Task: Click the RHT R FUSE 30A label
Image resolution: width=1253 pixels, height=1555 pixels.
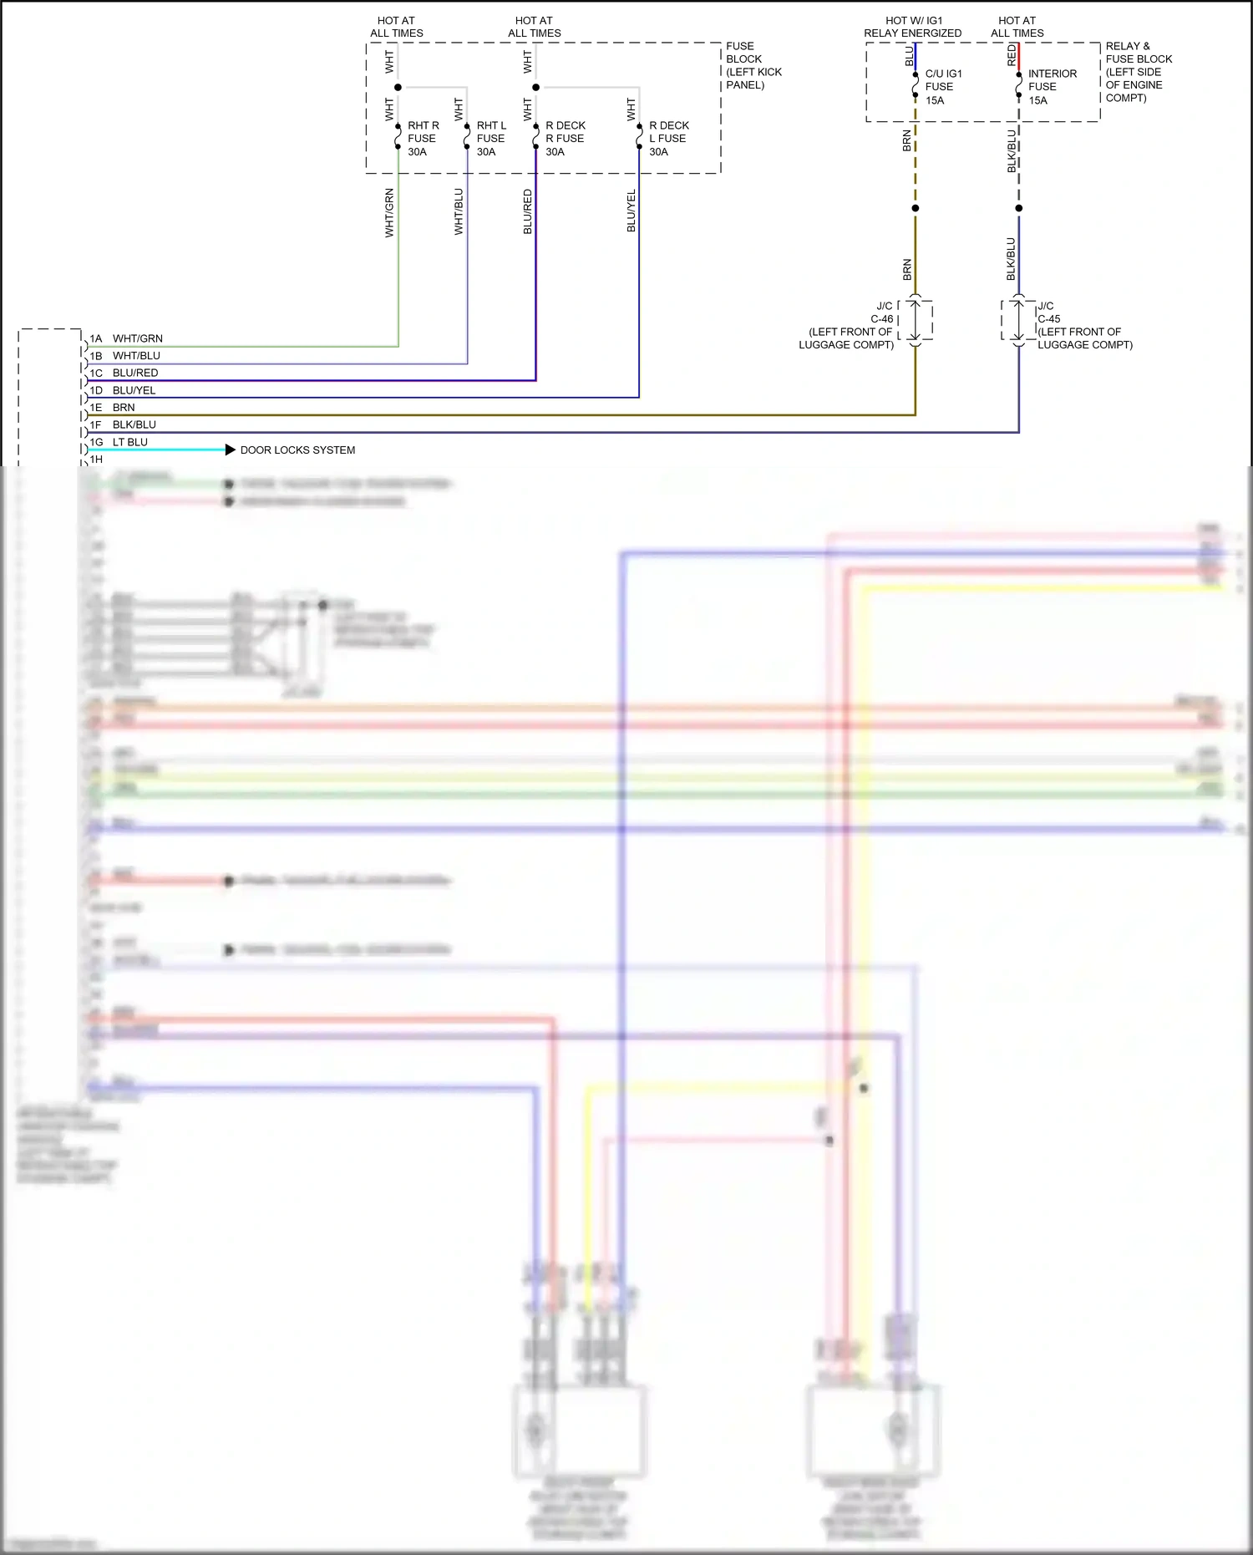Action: point(423,139)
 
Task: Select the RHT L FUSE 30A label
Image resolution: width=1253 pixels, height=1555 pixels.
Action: point(491,139)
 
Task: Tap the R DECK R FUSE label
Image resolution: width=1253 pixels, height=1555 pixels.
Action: point(565,132)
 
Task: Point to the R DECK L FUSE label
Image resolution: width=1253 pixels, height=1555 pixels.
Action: point(668,132)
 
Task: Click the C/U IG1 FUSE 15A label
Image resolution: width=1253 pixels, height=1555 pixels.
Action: point(943,87)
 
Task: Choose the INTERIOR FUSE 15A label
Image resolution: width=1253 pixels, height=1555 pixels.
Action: point(1052,87)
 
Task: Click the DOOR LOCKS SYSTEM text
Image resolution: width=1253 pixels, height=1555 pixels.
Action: point(297,450)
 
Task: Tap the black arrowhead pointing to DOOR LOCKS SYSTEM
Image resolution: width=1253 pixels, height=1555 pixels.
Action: point(231,450)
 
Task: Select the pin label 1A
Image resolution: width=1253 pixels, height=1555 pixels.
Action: point(96,339)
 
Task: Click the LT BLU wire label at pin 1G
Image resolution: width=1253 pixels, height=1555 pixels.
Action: point(130,442)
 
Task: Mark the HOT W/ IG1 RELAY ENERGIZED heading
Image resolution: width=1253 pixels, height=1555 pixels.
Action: point(912,27)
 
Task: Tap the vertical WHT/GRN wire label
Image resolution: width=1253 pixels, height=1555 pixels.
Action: point(389,213)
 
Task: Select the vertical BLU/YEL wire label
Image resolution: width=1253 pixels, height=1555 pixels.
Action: point(632,211)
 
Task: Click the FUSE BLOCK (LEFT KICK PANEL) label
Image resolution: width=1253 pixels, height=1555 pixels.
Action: point(753,65)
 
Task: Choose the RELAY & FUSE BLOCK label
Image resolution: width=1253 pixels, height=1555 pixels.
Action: point(1139,72)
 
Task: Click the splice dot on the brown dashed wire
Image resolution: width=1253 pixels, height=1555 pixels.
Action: point(916,208)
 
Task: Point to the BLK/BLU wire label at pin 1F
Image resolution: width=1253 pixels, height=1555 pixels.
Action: point(134,425)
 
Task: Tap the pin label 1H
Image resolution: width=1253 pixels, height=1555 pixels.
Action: point(96,460)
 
